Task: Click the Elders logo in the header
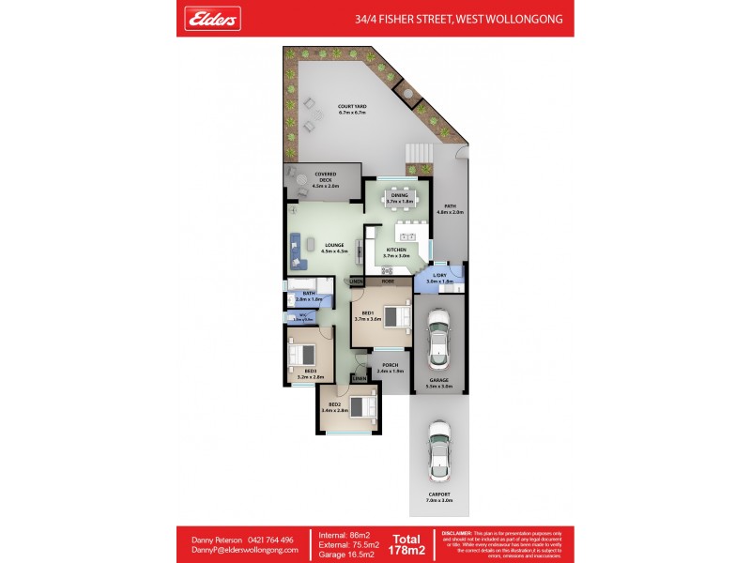[214, 18]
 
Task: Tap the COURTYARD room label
[352, 109]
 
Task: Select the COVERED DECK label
[325, 180]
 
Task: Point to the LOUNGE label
[334, 248]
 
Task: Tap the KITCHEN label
[395, 251]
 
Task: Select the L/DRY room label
[439, 278]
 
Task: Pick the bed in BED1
[394, 315]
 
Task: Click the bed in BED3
[302, 356]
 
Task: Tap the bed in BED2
[361, 407]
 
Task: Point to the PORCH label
[390, 368]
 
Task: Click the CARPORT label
[439, 496]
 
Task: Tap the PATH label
[450, 208]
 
